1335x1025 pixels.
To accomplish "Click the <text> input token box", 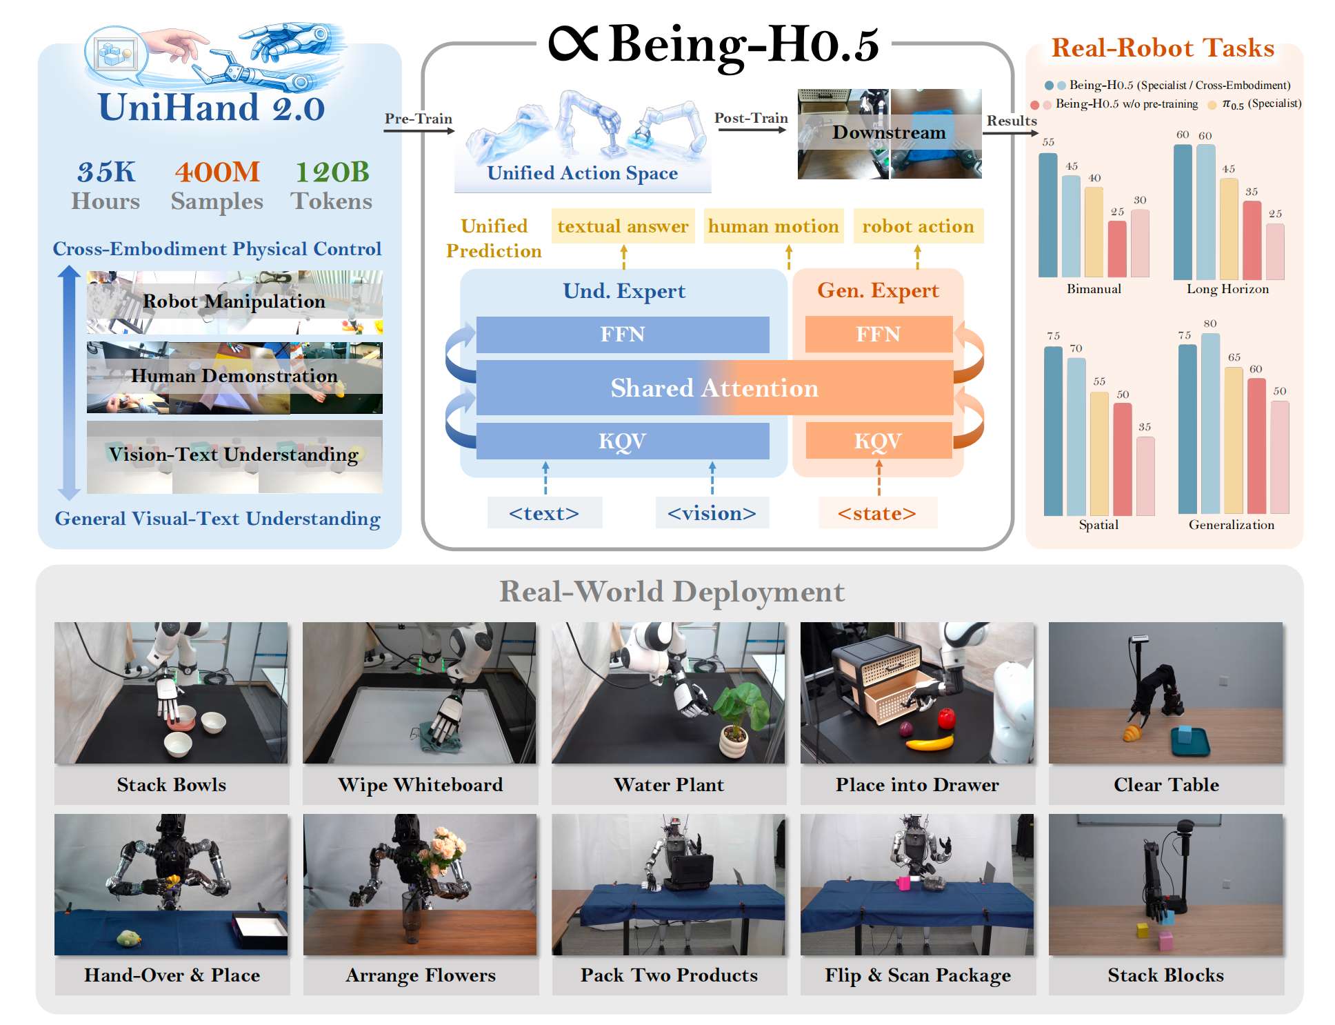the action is click(x=544, y=512).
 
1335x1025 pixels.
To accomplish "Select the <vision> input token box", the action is click(x=712, y=512).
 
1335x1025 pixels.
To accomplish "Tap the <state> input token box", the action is click(x=877, y=512).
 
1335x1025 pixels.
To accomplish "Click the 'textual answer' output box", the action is click(x=623, y=226).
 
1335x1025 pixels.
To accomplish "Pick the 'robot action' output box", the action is click(x=918, y=226).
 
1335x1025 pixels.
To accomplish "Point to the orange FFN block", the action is click(x=879, y=335).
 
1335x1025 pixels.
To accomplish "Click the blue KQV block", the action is click(x=623, y=441).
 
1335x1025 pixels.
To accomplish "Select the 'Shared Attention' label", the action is click(x=714, y=388).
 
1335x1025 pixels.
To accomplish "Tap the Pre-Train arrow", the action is click(x=419, y=130).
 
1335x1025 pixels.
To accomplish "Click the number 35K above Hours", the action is click(x=106, y=172).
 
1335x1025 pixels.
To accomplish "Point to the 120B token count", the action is click(x=332, y=172).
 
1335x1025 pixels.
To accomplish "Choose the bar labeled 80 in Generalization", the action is click(x=1210, y=424).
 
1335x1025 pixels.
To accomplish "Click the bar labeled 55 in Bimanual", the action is click(x=1048, y=215).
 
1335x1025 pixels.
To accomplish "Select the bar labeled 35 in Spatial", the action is click(x=1145, y=476).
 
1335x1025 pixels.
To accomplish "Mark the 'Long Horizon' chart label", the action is click(x=1227, y=289).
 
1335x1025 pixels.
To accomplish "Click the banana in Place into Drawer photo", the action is click(x=929, y=742).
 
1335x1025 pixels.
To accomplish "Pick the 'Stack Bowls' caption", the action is click(x=172, y=784).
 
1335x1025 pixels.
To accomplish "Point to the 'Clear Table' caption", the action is click(x=1166, y=784).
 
